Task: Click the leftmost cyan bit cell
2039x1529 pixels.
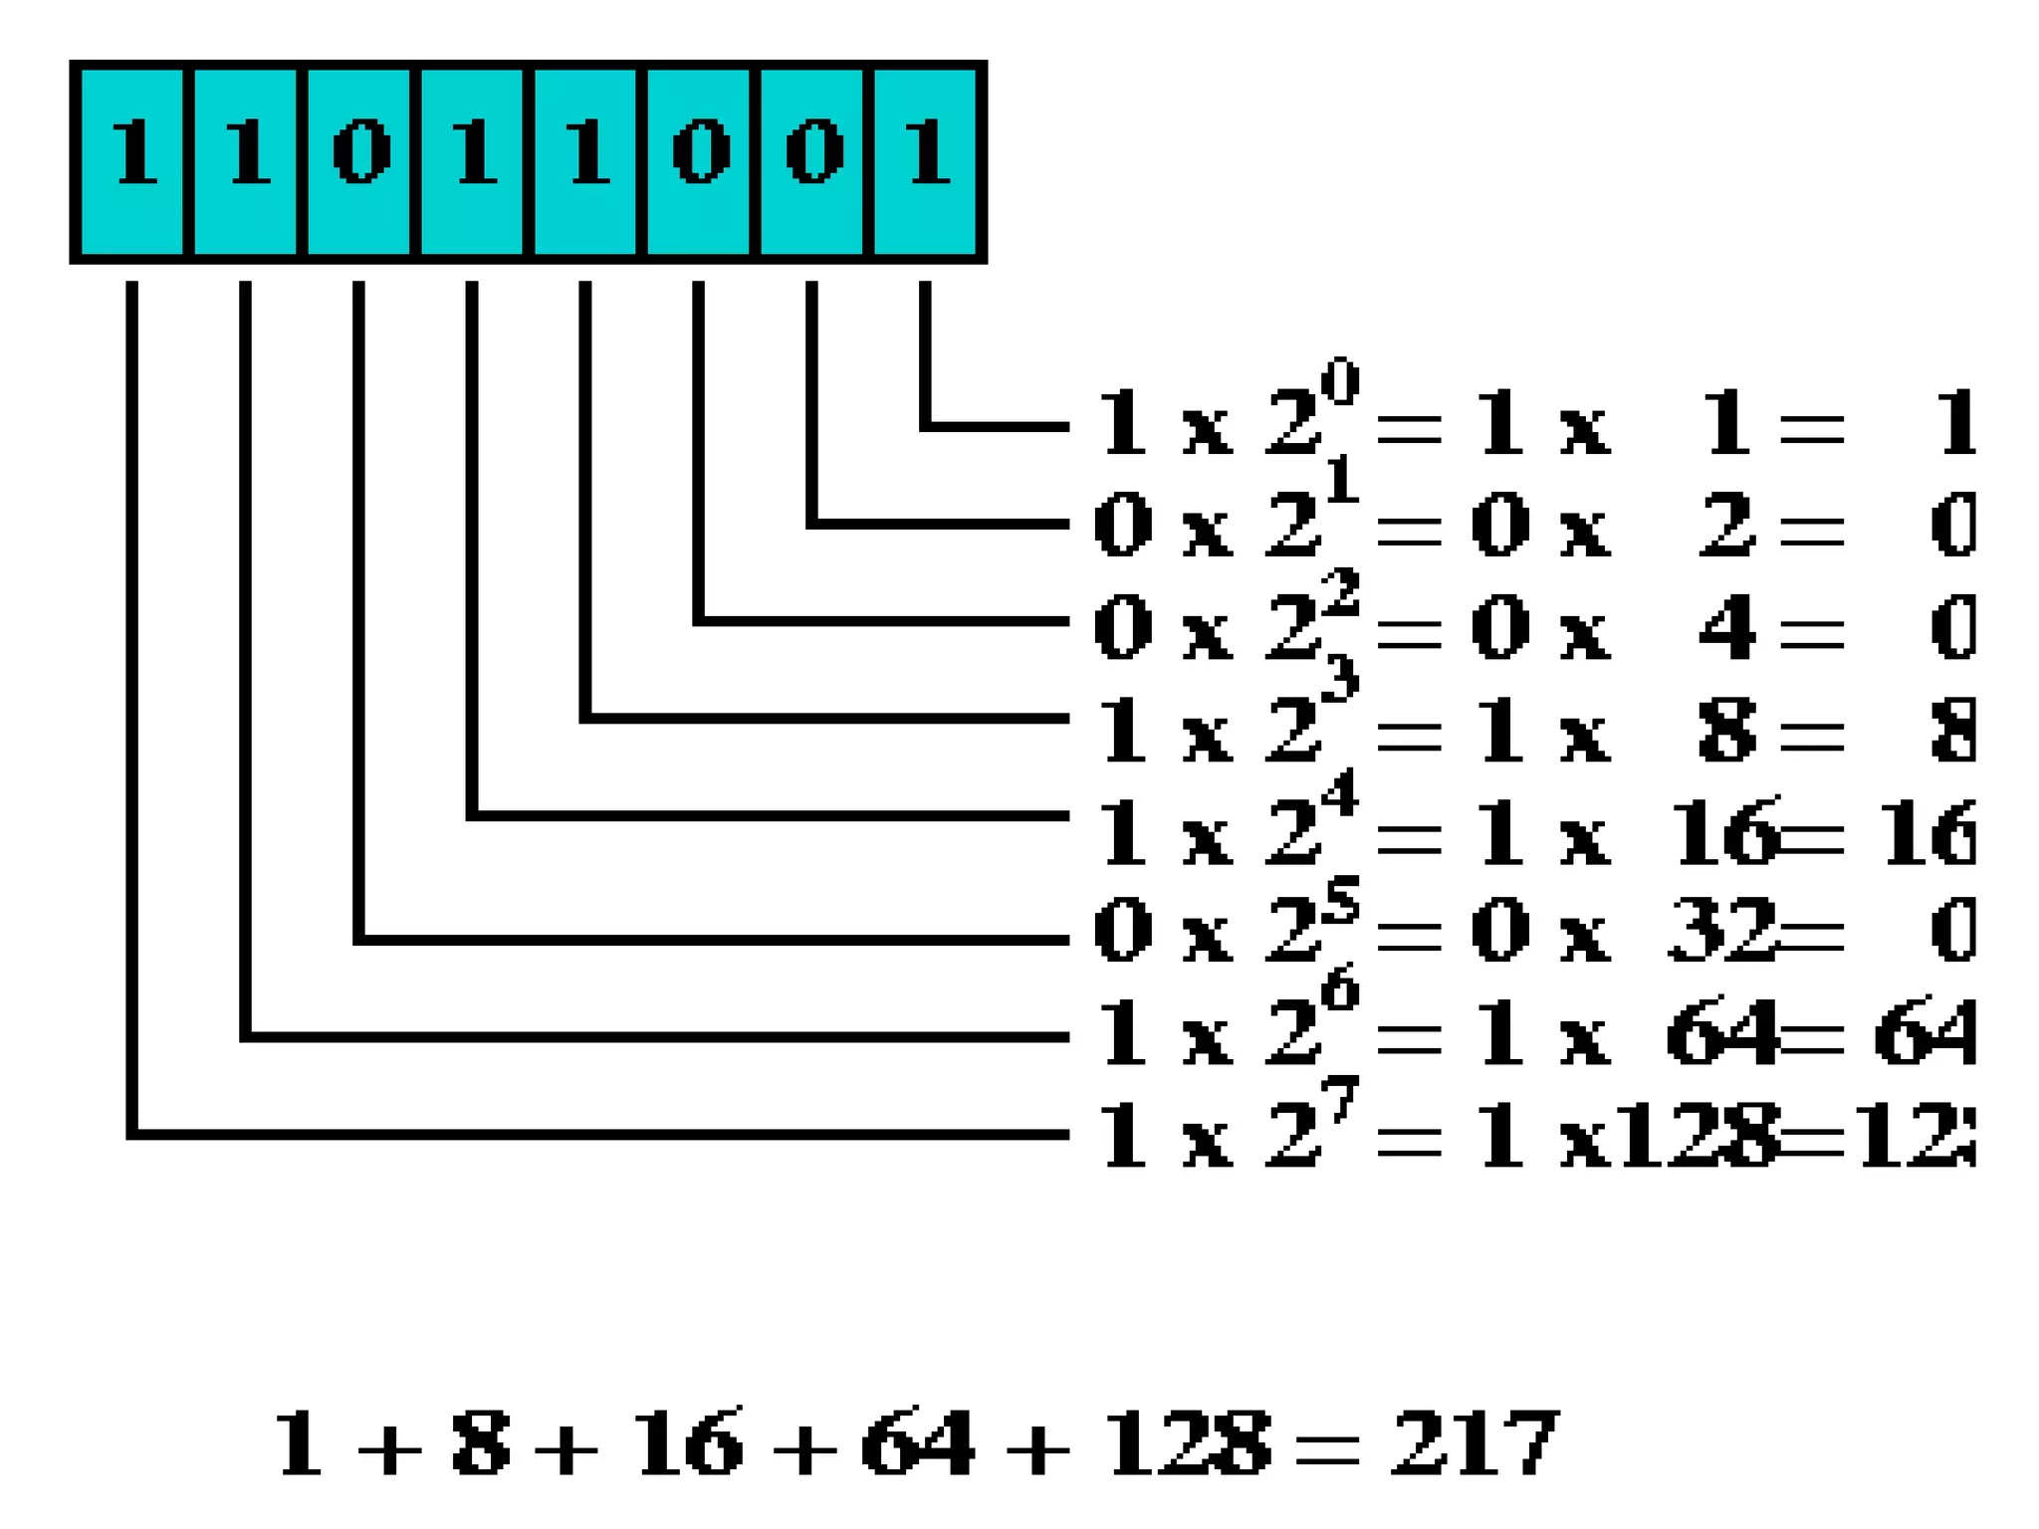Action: pyautogui.click(x=132, y=161)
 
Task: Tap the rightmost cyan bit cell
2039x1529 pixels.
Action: pyautogui.click(x=926, y=161)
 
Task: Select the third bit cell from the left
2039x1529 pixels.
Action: pyautogui.click(x=359, y=161)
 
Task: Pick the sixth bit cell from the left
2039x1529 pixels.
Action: pyautogui.click(x=699, y=161)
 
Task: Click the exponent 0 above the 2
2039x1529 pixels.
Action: pyautogui.click(x=1340, y=382)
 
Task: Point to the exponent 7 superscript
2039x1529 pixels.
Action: pyautogui.click(x=1340, y=1100)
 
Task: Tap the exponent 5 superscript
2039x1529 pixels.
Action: pyautogui.click(x=1340, y=901)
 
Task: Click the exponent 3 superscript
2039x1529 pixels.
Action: pyautogui.click(x=1340, y=680)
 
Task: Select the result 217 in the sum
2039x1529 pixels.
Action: pyautogui.click(x=1474, y=1442)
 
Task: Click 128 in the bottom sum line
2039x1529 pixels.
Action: pyautogui.click(x=1188, y=1442)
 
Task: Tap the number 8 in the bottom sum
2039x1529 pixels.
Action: pyautogui.click(x=481, y=1442)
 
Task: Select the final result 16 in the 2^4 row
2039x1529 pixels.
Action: pyautogui.click(x=1926, y=832)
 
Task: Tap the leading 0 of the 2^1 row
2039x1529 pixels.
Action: pyautogui.click(x=1123, y=526)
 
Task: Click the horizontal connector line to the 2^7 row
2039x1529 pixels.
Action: pyautogui.click(x=597, y=1134)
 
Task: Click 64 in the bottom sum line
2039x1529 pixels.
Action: pyautogui.click(x=917, y=1442)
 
